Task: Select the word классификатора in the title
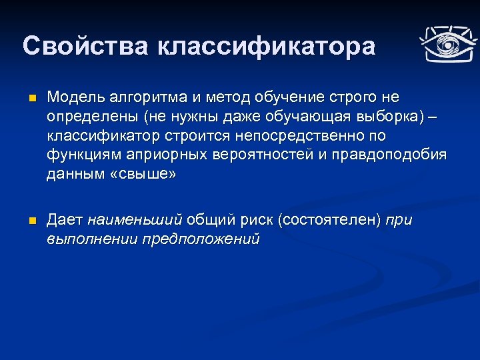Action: click(x=267, y=47)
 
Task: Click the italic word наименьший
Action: click(x=135, y=219)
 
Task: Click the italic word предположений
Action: click(x=201, y=239)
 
